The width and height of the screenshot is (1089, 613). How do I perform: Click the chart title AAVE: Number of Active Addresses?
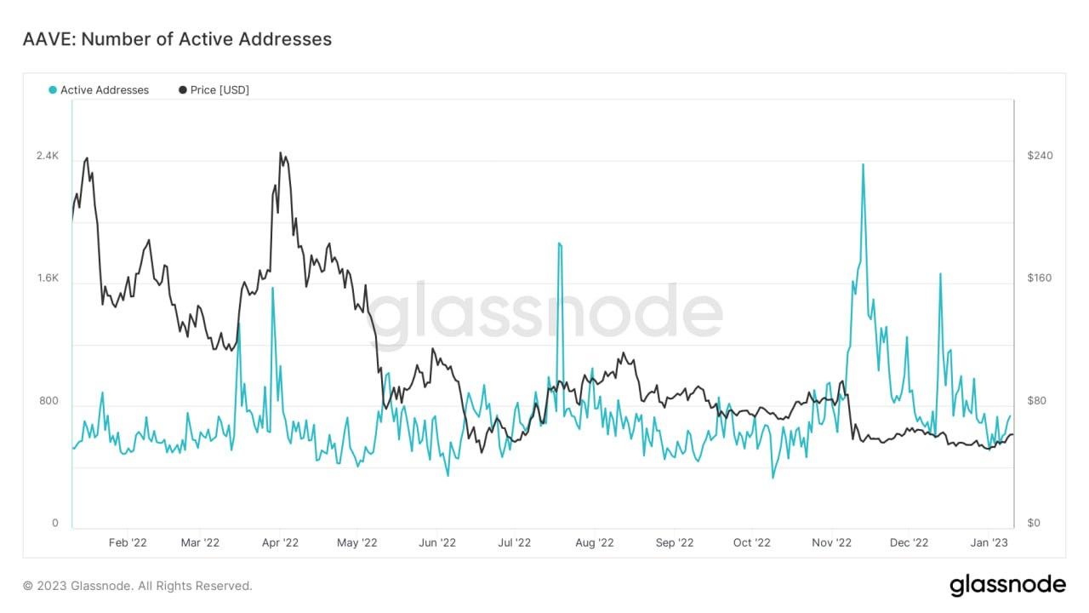177,39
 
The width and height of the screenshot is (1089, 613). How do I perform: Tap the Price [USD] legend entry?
214,90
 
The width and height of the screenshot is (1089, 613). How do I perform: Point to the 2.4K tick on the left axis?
47,156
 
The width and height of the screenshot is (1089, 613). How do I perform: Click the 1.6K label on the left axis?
47,278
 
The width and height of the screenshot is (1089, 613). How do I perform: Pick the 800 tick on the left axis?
48,401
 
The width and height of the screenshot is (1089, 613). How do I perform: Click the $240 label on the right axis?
1040,156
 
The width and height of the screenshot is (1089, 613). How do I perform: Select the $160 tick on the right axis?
1040,278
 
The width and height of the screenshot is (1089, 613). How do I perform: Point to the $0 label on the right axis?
1033,524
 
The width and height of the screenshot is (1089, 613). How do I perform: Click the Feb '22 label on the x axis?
128,542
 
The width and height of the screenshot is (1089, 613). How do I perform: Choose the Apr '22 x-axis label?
280,542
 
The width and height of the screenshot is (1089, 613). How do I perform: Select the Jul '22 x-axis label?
514,542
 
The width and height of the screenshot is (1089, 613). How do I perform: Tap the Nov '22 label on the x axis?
831,542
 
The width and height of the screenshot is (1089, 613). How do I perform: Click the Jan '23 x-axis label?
989,542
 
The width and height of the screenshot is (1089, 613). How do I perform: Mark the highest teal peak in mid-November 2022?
863,164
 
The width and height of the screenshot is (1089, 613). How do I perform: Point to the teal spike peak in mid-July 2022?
559,243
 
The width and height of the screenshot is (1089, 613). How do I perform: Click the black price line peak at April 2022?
281,153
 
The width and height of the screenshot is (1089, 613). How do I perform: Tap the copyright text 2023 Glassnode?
138,586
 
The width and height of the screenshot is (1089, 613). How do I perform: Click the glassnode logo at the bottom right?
1007,585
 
